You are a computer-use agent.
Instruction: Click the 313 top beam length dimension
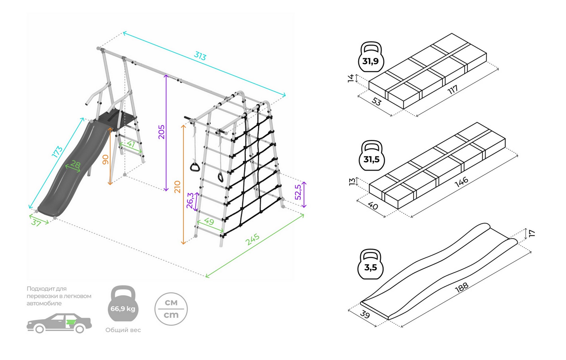200,56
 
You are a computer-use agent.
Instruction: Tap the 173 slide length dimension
57,152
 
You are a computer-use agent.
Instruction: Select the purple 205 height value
161,132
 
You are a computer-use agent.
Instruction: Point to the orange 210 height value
177,187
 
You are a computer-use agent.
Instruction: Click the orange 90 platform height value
106,159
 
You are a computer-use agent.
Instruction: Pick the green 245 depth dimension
252,239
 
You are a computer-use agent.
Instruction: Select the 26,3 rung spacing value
190,200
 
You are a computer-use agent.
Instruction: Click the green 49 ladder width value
209,221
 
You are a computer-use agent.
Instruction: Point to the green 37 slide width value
36,223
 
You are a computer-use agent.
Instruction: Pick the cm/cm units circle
171,309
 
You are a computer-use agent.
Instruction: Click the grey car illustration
59,323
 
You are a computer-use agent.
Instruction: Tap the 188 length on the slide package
462,287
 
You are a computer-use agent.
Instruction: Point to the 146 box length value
461,182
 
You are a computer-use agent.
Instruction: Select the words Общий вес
123,330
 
